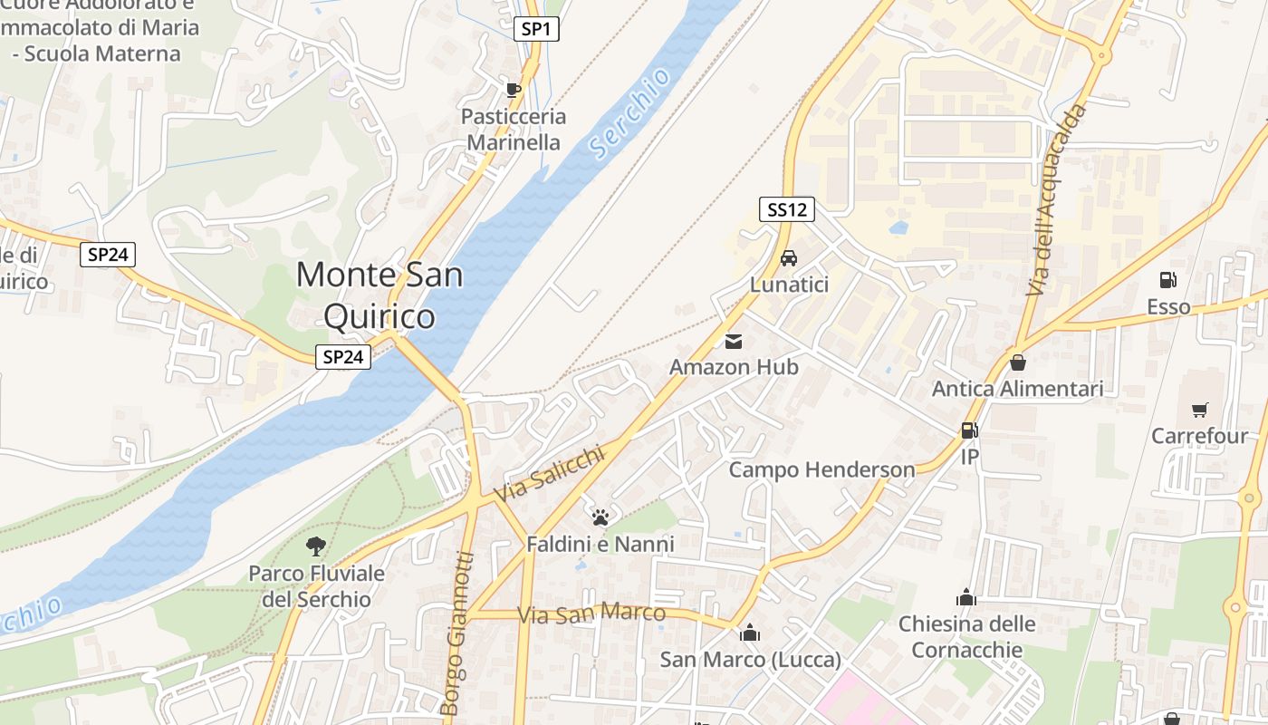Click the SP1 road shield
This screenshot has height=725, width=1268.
[x=536, y=29]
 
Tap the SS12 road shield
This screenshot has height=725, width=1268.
[x=786, y=210]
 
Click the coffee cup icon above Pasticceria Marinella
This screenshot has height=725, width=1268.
[x=513, y=89]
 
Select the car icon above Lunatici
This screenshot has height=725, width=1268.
[x=789, y=258]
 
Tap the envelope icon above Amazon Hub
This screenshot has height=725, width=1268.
[x=734, y=342]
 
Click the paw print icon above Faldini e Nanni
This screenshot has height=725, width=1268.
[x=600, y=517]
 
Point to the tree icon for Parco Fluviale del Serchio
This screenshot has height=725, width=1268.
[x=316, y=546]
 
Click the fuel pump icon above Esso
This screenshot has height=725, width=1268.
[x=1168, y=281]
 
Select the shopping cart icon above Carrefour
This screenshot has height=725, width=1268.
[x=1199, y=411]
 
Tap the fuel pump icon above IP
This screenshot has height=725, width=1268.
[x=969, y=430]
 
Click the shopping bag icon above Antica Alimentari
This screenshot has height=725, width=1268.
[x=1018, y=362]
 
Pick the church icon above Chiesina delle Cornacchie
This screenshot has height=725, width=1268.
[x=966, y=597]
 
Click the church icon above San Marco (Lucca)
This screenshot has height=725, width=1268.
[x=749, y=633]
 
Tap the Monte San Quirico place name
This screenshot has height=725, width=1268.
[x=379, y=295]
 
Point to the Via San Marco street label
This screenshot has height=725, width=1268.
[x=591, y=614]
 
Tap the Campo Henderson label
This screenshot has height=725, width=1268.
[x=821, y=469]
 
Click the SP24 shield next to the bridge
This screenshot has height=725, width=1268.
[x=343, y=357]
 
